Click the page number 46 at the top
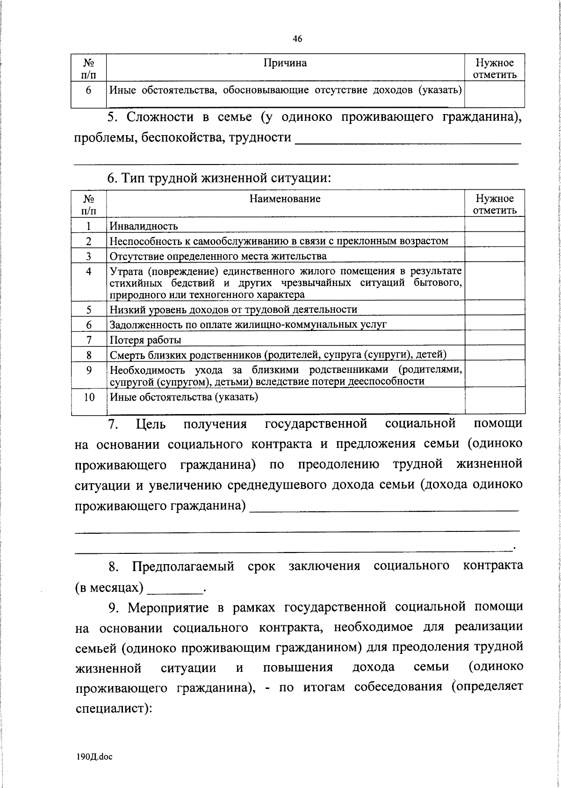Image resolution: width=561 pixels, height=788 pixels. click(x=297, y=39)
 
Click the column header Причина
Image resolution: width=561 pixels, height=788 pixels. click(x=285, y=63)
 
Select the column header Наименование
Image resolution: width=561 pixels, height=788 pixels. click(x=285, y=199)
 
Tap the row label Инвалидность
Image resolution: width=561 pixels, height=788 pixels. click(x=144, y=226)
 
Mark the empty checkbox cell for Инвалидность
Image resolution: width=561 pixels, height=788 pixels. click(x=495, y=225)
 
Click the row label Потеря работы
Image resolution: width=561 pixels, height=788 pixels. click(x=145, y=340)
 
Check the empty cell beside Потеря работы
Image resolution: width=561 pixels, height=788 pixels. click(x=495, y=339)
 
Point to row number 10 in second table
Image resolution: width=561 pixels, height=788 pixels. click(x=89, y=397)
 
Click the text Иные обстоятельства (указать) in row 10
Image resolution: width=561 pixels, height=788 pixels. click(x=184, y=397)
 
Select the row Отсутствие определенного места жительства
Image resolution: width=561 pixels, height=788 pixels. click(x=218, y=256)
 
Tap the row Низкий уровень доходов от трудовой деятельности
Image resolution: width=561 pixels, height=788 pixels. click(x=234, y=309)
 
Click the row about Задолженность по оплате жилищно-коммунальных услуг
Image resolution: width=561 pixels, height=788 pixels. click(x=248, y=324)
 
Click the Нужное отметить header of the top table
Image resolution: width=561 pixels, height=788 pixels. click(x=495, y=69)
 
